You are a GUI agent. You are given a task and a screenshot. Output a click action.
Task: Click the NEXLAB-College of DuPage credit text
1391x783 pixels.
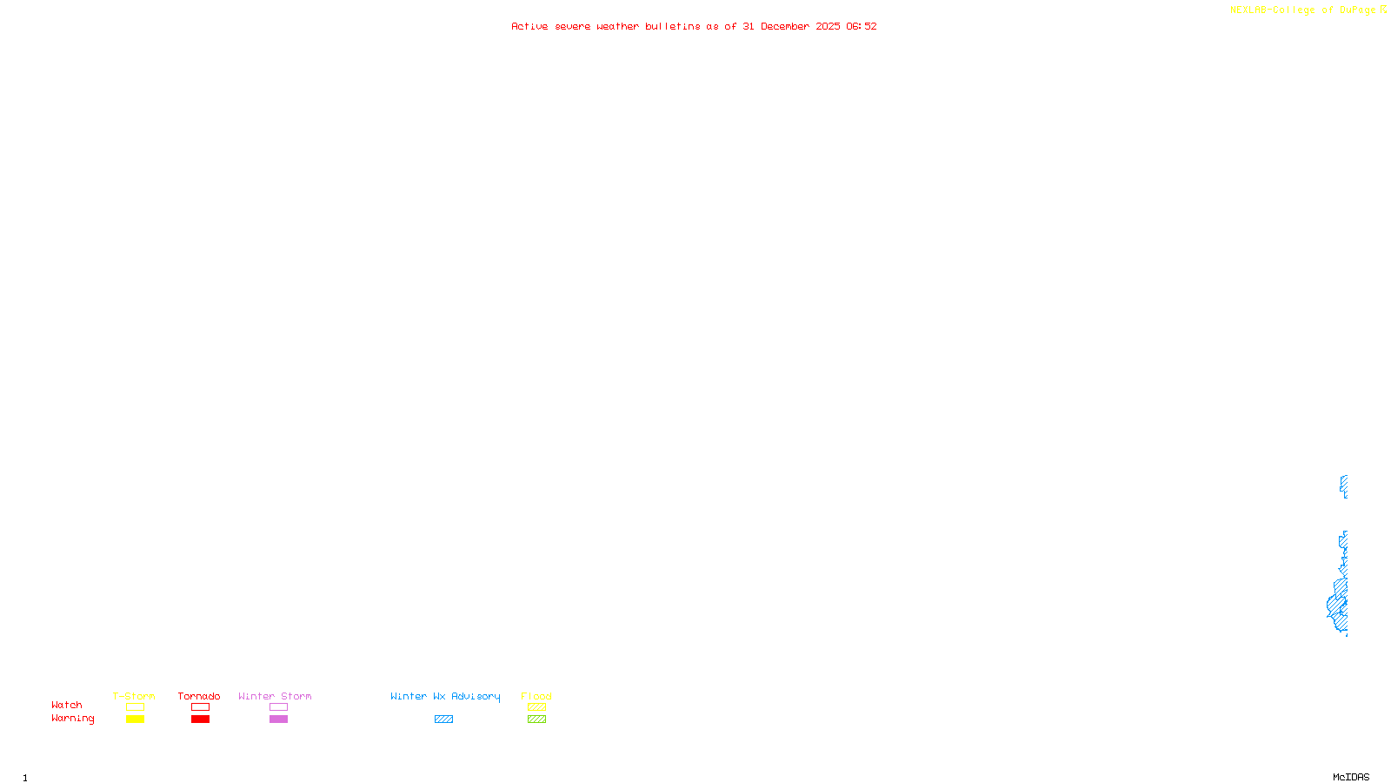click(x=1302, y=10)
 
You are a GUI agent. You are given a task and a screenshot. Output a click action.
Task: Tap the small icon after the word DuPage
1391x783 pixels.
click(x=1383, y=10)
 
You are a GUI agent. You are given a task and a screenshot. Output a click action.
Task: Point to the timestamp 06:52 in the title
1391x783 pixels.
click(x=861, y=27)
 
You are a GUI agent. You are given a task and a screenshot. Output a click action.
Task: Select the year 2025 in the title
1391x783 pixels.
click(x=828, y=27)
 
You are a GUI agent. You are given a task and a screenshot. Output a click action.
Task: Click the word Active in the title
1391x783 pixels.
click(x=529, y=27)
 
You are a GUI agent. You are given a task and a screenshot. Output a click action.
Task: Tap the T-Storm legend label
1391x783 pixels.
click(x=134, y=696)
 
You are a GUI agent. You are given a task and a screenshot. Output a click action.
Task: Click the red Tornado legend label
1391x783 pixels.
click(x=199, y=696)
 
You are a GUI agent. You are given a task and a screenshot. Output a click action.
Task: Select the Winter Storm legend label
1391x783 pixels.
click(x=275, y=696)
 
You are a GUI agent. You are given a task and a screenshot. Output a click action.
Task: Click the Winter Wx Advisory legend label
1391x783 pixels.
click(x=445, y=696)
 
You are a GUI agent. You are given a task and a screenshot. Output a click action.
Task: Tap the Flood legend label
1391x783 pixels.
click(x=536, y=696)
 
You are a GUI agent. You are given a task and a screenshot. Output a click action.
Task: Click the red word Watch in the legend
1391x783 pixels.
click(x=67, y=706)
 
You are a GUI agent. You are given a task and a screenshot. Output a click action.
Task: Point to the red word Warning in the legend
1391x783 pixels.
click(x=73, y=719)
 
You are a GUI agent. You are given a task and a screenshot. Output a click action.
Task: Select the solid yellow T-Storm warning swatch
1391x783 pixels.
click(x=135, y=719)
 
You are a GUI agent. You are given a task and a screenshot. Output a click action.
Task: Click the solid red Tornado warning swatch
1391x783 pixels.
click(x=201, y=719)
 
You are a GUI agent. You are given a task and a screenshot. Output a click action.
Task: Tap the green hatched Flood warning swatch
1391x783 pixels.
click(x=537, y=719)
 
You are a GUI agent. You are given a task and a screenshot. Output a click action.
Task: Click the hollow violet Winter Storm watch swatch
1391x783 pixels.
click(x=278, y=707)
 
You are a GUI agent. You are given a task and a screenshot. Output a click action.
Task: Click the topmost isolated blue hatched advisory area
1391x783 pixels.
click(x=1344, y=485)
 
